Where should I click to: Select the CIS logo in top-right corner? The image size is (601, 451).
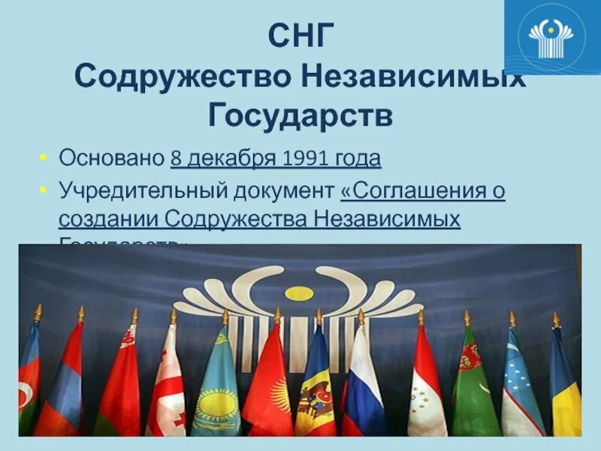pos(551,36)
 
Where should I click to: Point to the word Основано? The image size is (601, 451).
pos(111,159)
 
